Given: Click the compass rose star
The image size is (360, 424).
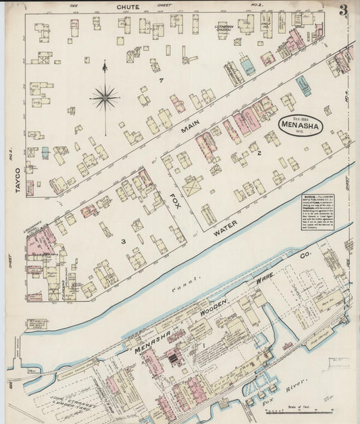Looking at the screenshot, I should [x=105, y=98].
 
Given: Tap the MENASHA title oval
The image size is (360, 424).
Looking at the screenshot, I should [x=301, y=126].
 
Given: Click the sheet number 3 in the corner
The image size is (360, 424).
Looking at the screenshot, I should [x=344, y=10].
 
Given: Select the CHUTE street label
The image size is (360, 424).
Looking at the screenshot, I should [x=128, y=7].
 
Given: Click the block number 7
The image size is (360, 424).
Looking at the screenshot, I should [x=161, y=82].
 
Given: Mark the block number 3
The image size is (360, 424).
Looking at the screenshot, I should [x=123, y=241].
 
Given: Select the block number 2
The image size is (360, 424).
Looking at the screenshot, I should [x=259, y=154].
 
